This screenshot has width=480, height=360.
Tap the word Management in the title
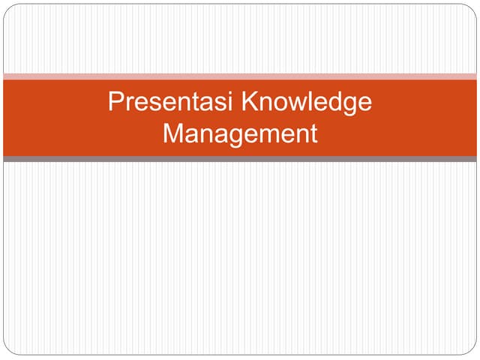[x=240, y=133]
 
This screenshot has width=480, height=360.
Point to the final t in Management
[x=313, y=133]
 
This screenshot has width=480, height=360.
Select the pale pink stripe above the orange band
[x=240, y=76]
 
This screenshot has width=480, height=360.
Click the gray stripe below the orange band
[x=240, y=159]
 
